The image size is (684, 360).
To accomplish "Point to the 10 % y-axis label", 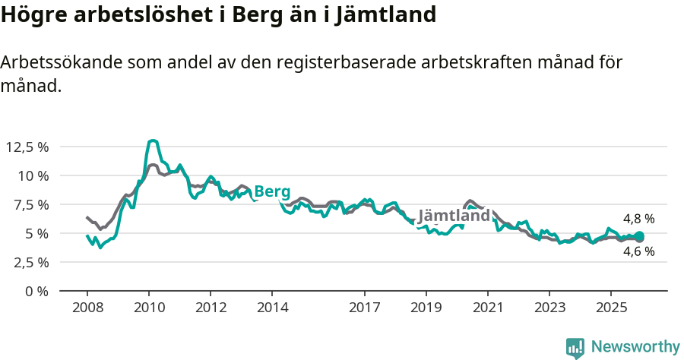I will (32, 175).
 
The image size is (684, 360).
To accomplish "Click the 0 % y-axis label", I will (36, 291).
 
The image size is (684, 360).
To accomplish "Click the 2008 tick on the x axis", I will (87, 308).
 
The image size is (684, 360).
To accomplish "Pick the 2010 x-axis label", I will (149, 308).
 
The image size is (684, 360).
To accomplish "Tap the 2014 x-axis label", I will (272, 308).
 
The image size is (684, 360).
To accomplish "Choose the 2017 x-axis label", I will (364, 308).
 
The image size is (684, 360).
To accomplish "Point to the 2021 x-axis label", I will (487, 308).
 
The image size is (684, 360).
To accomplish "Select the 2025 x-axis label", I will (610, 308).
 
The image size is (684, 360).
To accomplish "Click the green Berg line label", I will (272, 191).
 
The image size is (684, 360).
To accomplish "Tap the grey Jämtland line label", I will (454, 216).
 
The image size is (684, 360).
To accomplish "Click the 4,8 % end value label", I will (638, 219).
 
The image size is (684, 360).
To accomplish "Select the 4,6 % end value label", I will (638, 252).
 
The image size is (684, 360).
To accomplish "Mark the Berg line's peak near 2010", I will (153, 141).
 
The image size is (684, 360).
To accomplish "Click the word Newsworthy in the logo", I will (635, 347).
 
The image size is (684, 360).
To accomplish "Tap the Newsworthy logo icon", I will (575, 348).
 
